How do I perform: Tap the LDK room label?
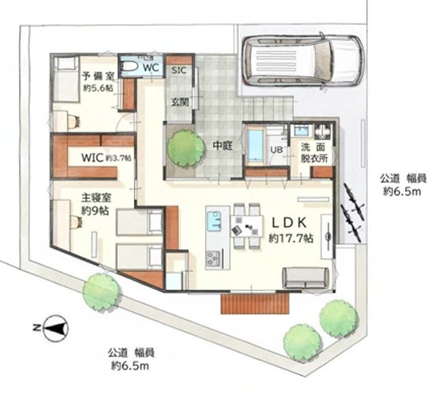(x=291, y=222)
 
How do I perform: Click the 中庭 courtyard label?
(x=220, y=145)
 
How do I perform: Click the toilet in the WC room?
(x=132, y=68)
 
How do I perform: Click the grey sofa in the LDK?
(x=305, y=277)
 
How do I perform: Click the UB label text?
(x=278, y=151)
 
